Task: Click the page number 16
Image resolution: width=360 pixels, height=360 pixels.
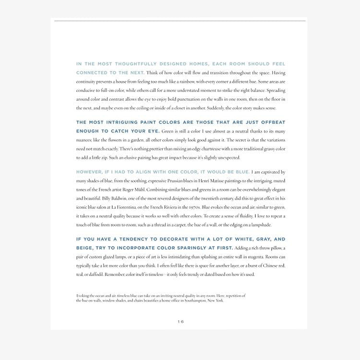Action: click(x=180, y=322)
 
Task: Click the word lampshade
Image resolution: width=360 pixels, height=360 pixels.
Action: click(x=260, y=225)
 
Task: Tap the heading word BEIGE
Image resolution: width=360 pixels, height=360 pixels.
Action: click(x=85, y=248)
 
